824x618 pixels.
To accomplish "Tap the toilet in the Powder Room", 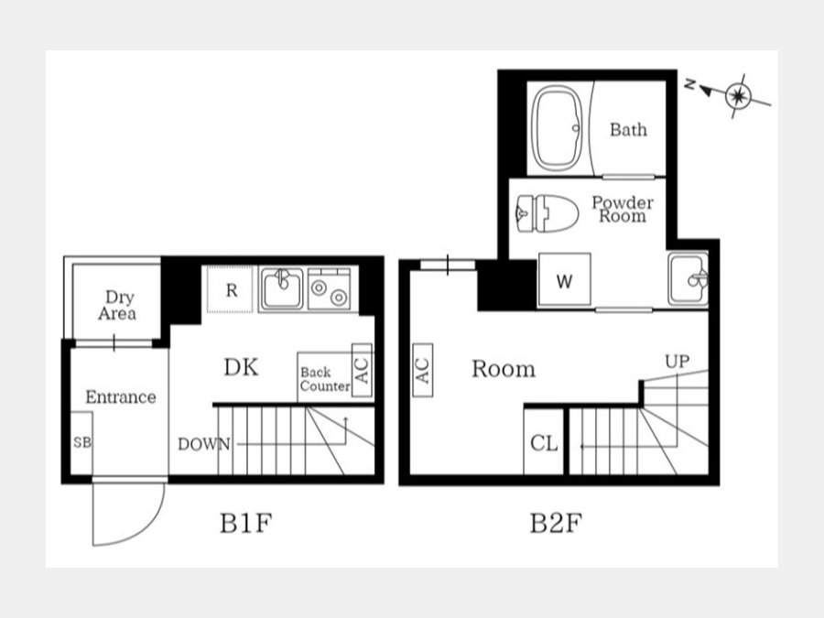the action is (x=548, y=213).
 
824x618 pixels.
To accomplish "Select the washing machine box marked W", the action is (x=564, y=279).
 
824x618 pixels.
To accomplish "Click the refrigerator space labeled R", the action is (x=231, y=289).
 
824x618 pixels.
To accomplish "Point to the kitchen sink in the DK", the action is (x=282, y=288).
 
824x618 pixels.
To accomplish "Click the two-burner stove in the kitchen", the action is (x=329, y=288).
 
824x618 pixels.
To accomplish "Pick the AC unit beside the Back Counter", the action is (x=362, y=371).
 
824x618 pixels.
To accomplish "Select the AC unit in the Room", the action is (x=423, y=370).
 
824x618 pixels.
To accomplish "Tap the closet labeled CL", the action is (x=544, y=442).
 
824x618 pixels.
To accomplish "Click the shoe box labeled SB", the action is (x=82, y=443).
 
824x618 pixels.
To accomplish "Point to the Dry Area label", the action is (x=118, y=305).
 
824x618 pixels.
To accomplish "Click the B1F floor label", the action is (x=245, y=524).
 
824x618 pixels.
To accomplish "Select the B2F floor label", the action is (x=556, y=524).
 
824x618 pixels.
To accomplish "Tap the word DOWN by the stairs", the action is (x=204, y=445).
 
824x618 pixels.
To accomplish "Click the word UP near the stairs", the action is (x=677, y=362).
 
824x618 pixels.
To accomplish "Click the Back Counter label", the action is (x=325, y=379).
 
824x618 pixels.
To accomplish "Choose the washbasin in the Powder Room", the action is (x=688, y=279).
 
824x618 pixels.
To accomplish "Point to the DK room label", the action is (x=241, y=368).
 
